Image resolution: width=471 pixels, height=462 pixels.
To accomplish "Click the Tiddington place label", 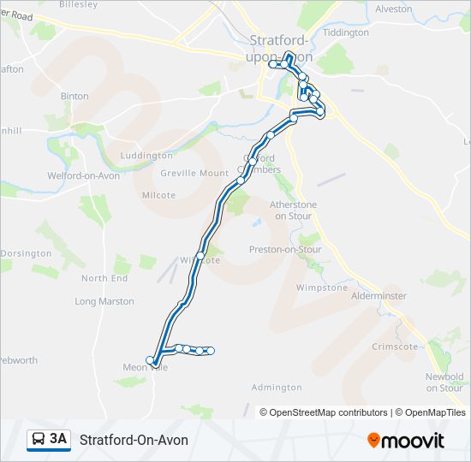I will pyautogui.click(x=347, y=33).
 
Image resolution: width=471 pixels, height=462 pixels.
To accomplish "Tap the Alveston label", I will pyautogui.click(x=393, y=9).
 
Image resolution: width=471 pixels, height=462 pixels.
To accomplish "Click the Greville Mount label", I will pyautogui.click(x=194, y=173).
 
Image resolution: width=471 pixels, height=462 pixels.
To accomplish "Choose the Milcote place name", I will pyautogui.click(x=158, y=195).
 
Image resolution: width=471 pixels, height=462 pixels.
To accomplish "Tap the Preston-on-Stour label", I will pyautogui.click(x=285, y=250).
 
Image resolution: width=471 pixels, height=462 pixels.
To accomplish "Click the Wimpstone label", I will pyautogui.click(x=322, y=287).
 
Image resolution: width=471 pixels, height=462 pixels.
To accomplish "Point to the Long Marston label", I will pyautogui.click(x=104, y=301).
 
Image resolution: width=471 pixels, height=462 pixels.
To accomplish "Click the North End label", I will pyautogui.click(x=104, y=278).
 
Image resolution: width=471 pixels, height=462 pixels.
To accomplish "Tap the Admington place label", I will pyautogui.click(x=277, y=388).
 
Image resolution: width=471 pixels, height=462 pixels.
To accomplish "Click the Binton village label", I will pyautogui.click(x=75, y=96).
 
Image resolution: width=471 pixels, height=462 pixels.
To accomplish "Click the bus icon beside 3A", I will pyautogui.click(x=38, y=440).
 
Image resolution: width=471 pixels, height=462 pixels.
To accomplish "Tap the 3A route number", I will pyautogui.click(x=58, y=440).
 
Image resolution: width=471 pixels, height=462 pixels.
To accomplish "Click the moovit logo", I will pyautogui.click(x=406, y=441).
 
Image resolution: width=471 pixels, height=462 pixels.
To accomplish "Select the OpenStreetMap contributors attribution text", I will pyautogui.click(x=329, y=412).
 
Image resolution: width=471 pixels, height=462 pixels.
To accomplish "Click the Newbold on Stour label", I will pyautogui.click(x=444, y=382).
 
